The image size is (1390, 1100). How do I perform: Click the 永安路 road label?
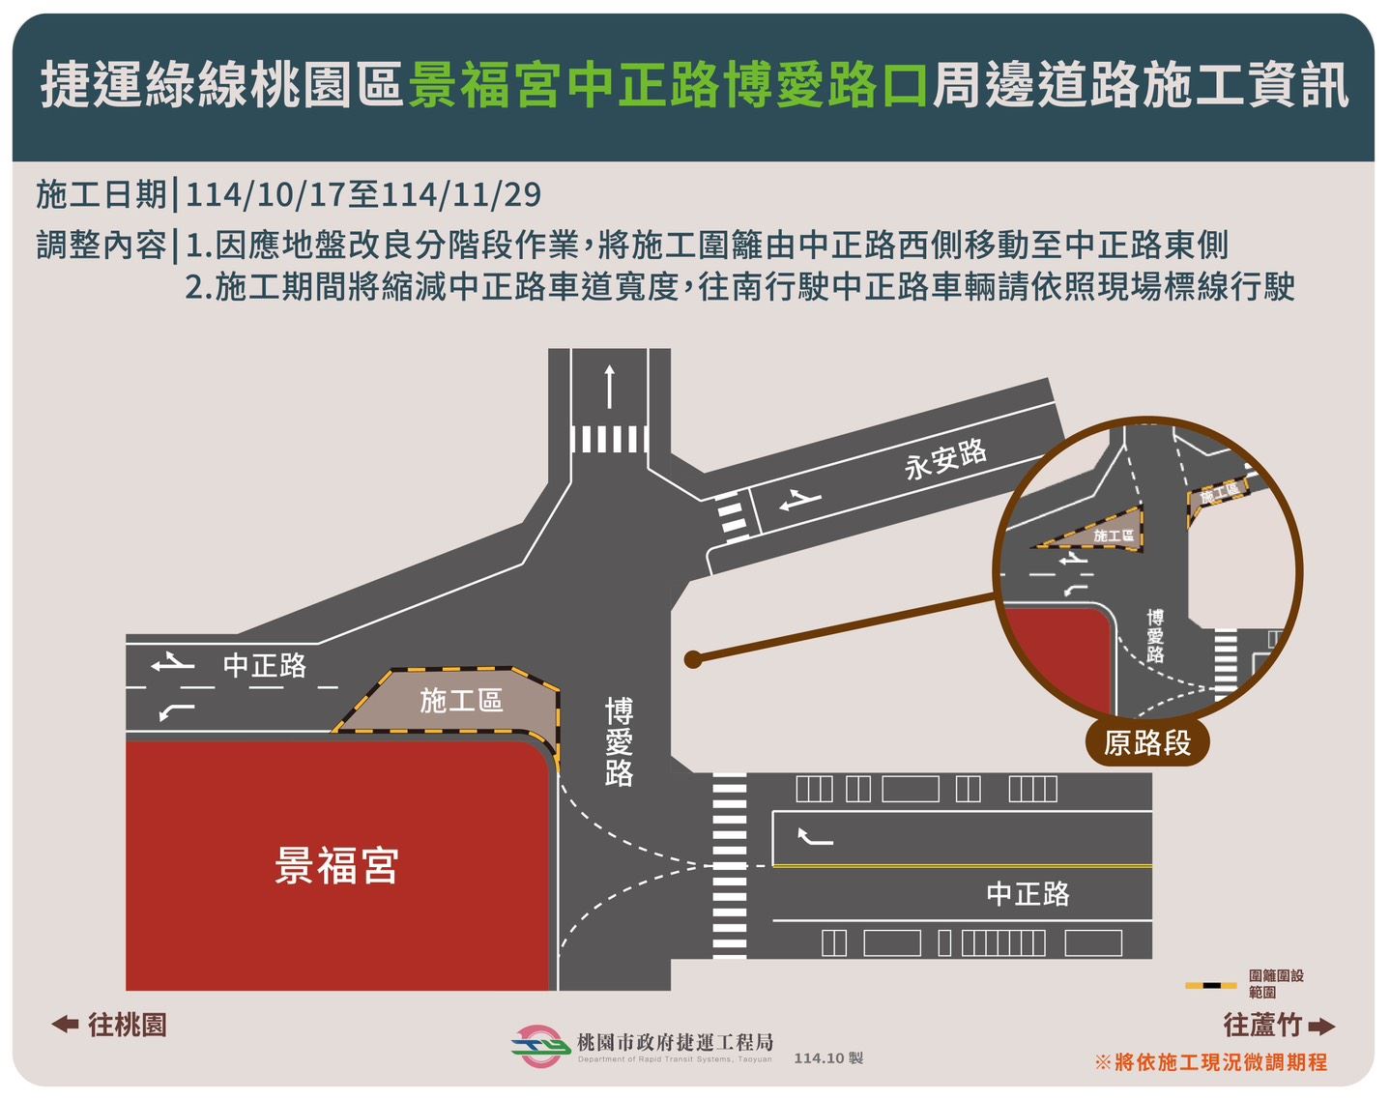coord(945,459)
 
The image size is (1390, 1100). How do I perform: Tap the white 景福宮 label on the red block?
coord(336,865)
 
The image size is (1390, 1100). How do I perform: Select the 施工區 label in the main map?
coord(461,701)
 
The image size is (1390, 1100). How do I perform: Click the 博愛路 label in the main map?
coord(619,742)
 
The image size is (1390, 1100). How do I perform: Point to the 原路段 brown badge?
coord(1147,743)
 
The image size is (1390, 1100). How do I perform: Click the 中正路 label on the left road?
coord(265,665)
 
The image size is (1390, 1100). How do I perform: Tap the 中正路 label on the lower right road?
coord(1028,893)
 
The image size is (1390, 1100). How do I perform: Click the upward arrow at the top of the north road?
coord(609,387)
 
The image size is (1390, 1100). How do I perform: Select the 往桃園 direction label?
coord(109,1025)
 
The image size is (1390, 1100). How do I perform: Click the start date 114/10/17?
coord(265,195)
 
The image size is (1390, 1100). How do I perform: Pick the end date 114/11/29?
coord(461,195)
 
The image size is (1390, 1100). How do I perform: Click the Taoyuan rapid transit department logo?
coord(538,1046)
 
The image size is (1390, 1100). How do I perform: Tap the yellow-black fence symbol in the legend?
coord(1210,985)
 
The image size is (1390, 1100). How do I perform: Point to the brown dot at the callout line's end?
coord(692,660)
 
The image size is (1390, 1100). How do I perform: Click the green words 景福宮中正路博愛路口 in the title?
coord(667,85)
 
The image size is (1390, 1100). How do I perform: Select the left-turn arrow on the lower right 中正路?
coord(815,837)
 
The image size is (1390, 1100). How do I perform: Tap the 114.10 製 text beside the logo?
coord(828,1058)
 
